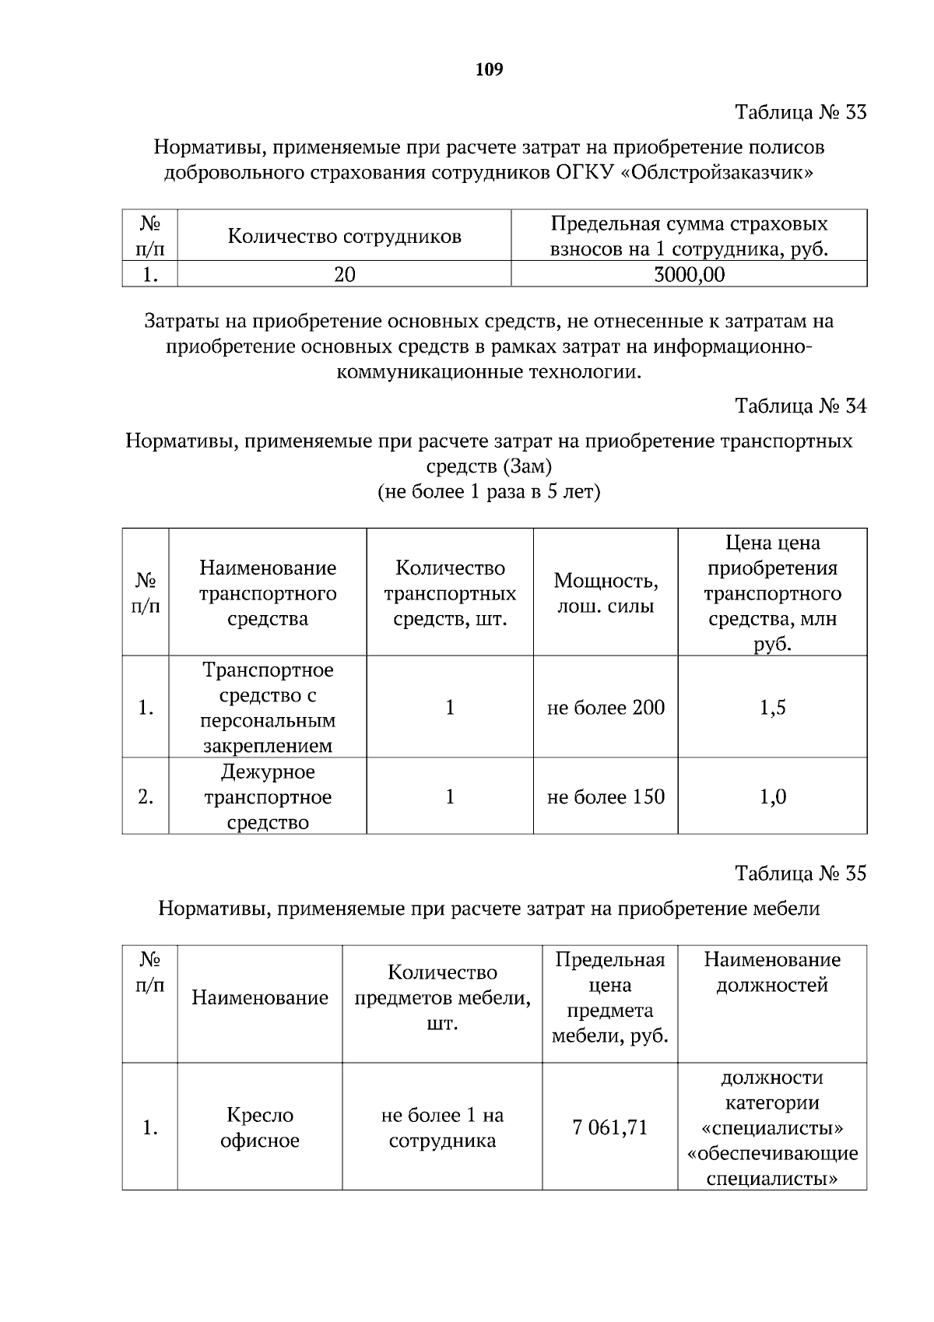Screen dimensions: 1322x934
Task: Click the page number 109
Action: pyautogui.click(x=489, y=70)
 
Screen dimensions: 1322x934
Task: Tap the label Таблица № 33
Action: pyautogui.click(x=800, y=113)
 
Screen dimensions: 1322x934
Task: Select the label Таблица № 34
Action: pyautogui.click(x=800, y=406)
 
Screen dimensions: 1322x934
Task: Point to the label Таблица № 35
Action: pyautogui.click(x=800, y=874)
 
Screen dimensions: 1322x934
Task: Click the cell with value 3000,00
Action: pyautogui.click(x=689, y=274)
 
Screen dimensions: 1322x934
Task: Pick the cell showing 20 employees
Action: pyautogui.click(x=344, y=274)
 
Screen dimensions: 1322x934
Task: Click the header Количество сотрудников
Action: pyautogui.click(x=344, y=236)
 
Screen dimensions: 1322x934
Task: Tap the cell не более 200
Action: pyautogui.click(x=606, y=708)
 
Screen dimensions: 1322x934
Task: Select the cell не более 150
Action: pyautogui.click(x=606, y=797)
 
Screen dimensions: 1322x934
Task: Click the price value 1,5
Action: pyautogui.click(x=772, y=708)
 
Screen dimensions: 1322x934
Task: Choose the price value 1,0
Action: pyautogui.click(x=772, y=797)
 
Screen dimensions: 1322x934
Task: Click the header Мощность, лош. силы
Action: pyautogui.click(x=606, y=593)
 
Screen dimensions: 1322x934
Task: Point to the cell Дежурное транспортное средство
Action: pyautogui.click(x=268, y=797)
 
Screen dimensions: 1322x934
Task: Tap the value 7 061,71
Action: pyautogui.click(x=609, y=1127)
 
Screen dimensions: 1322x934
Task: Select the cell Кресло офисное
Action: pyautogui.click(x=260, y=1127)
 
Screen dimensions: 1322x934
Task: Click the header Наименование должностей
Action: pyautogui.click(x=772, y=972)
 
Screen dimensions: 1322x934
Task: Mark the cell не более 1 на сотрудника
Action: pyautogui.click(x=442, y=1127)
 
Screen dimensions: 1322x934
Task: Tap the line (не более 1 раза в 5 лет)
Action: pyautogui.click(x=489, y=493)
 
